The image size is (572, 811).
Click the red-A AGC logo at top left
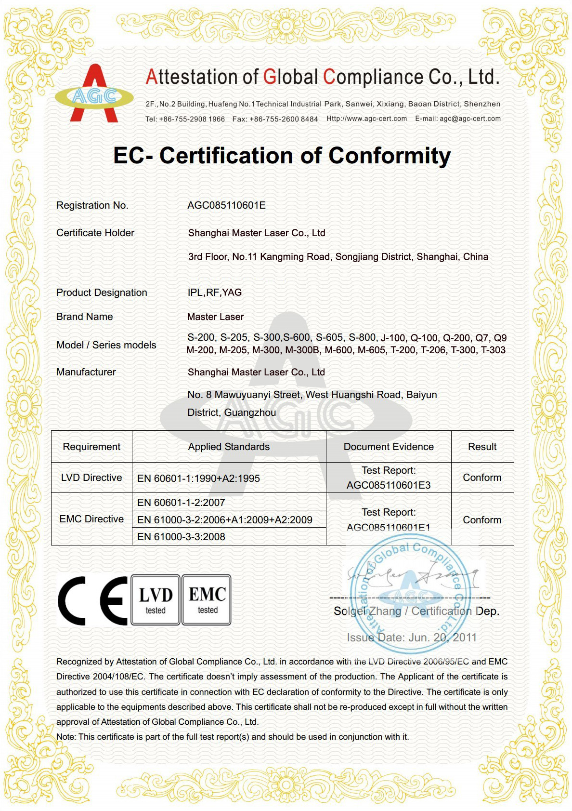click(94, 94)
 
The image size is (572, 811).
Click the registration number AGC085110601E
click(226, 205)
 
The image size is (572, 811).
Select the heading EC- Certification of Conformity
click(282, 156)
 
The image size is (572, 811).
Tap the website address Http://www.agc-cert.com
click(366, 119)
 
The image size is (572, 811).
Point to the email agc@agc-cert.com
click(470, 119)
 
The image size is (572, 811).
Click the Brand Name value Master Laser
click(215, 317)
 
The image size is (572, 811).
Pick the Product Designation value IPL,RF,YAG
click(214, 292)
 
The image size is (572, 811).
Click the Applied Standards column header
click(229, 447)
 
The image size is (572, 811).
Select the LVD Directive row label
click(91, 478)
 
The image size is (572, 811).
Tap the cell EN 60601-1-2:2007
click(181, 503)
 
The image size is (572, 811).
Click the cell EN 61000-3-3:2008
click(181, 537)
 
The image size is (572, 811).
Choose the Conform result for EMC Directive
click(482, 520)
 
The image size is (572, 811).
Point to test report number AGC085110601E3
click(389, 485)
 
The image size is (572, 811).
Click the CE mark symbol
click(92, 600)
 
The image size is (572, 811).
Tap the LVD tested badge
click(156, 600)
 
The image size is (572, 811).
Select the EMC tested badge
click(207, 600)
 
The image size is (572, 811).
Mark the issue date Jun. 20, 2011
click(442, 638)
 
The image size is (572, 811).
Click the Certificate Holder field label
click(95, 233)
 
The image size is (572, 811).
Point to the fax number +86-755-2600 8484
click(284, 119)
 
